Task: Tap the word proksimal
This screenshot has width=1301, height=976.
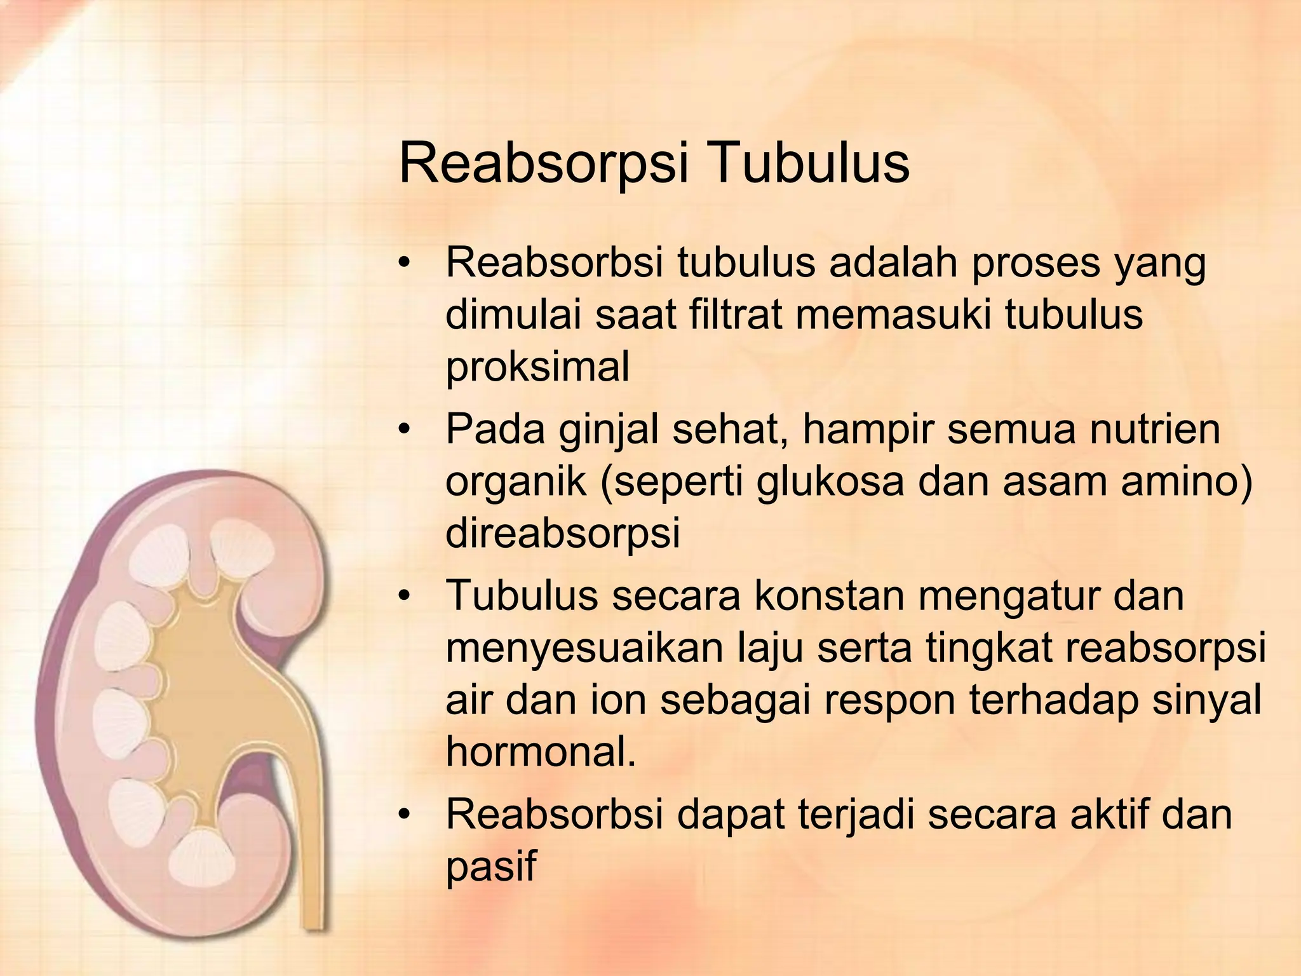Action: click(537, 368)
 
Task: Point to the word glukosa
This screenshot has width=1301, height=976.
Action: click(829, 482)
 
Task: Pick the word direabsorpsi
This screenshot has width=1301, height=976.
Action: click(562, 534)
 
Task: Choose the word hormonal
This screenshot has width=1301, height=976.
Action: click(541, 752)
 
